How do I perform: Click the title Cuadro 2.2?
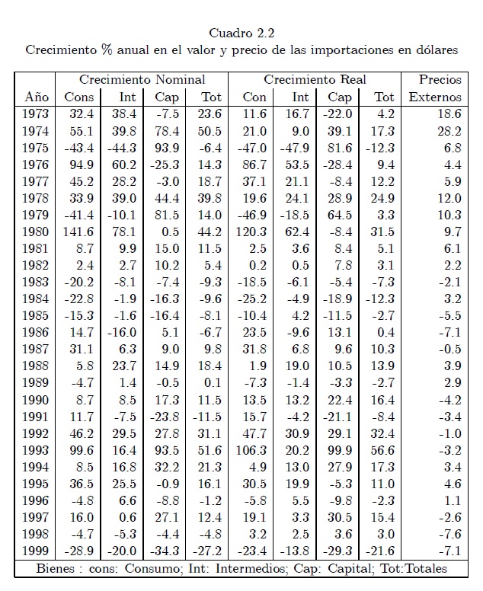pyautogui.click(x=241, y=33)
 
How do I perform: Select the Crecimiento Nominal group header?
pyautogui.click(x=142, y=79)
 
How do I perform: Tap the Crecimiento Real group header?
pyautogui.click(x=315, y=79)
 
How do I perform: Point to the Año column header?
pyautogui.click(x=37, y=97)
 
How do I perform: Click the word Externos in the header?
pyautogui.click(x=435, y=97)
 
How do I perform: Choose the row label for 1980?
pyautogui.click(x=37, y=232)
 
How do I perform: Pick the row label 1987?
pyautogui.click(x=37, y=349)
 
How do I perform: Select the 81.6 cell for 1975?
pyautogui.click(x=340, y=148)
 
